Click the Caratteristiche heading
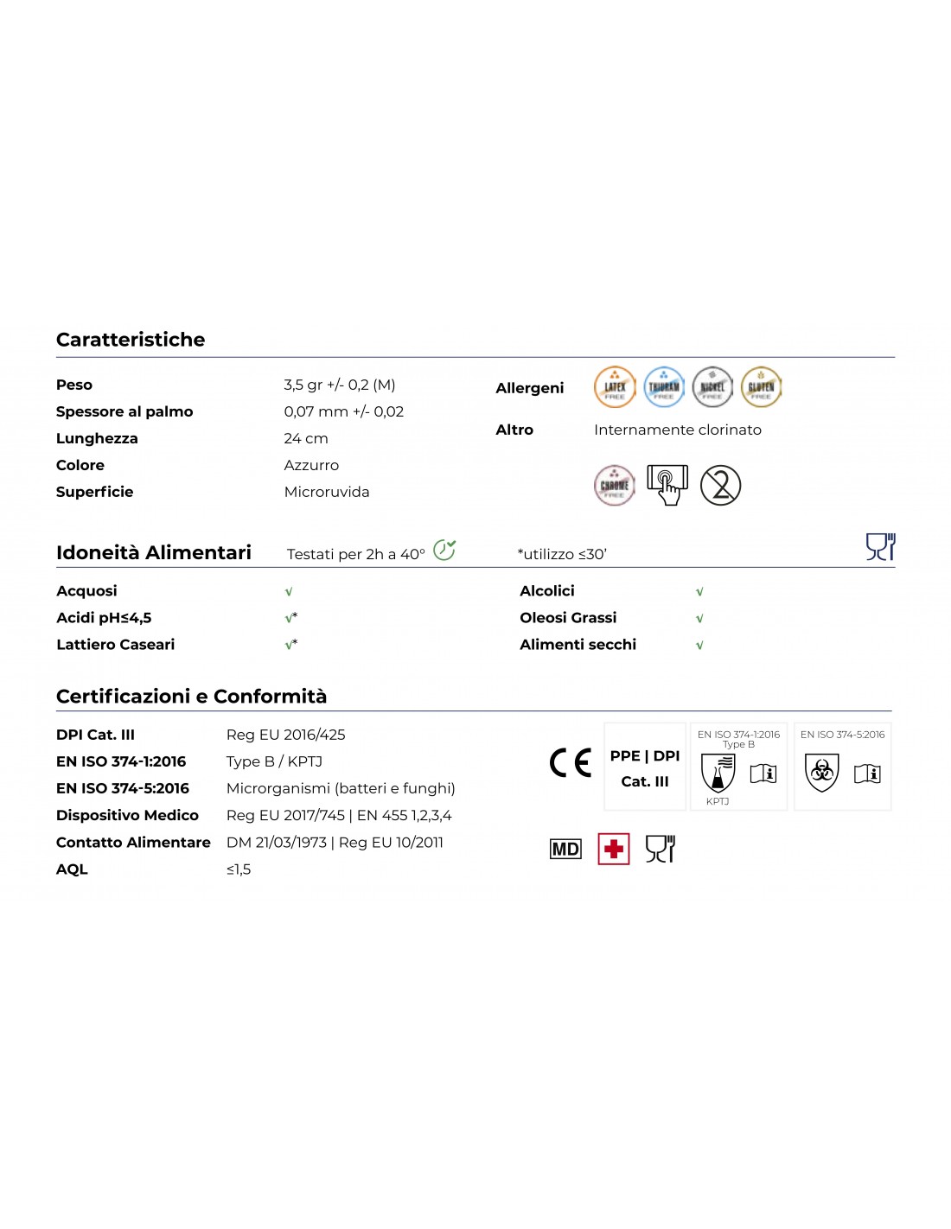pyautogui.click(x=131, y=340)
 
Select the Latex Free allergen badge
pyautogui.click(x=615, y=387)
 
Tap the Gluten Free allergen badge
pyautogui.click(x=761, y=387)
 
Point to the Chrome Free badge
pyautogui.click(x=615, y=485)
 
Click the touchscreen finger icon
pyautogui.click(x=667, y=485)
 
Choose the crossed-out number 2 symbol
pyautogui.click(x=720, y=485)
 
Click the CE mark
pyautogui.click(x=571, y=762)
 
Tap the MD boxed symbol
pyautogui.click(x=565, y=849)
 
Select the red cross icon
pyautogui.click(x=614, y=849)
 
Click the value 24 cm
pyautogui.click(x=306, y=438)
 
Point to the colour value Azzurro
pyautogui.click(x=311, y=465)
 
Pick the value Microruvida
pyautogui.click(x=327, y=492)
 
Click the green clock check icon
pyautogui.click(x=444, y=550)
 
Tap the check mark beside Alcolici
pyautogui.click(x=699, y=592)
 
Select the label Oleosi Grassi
pyautogui.click(x=568, y=618)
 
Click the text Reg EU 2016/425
pyautogui.click(x=285, y=735)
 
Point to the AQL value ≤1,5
pyautogui.click(x=239, y=869)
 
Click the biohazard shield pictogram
pyautogui.click(x=821, y=772)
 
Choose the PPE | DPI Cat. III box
pyautogui.click(x=645, y=767)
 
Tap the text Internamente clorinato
pyautogui.click(x=678, y=430)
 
